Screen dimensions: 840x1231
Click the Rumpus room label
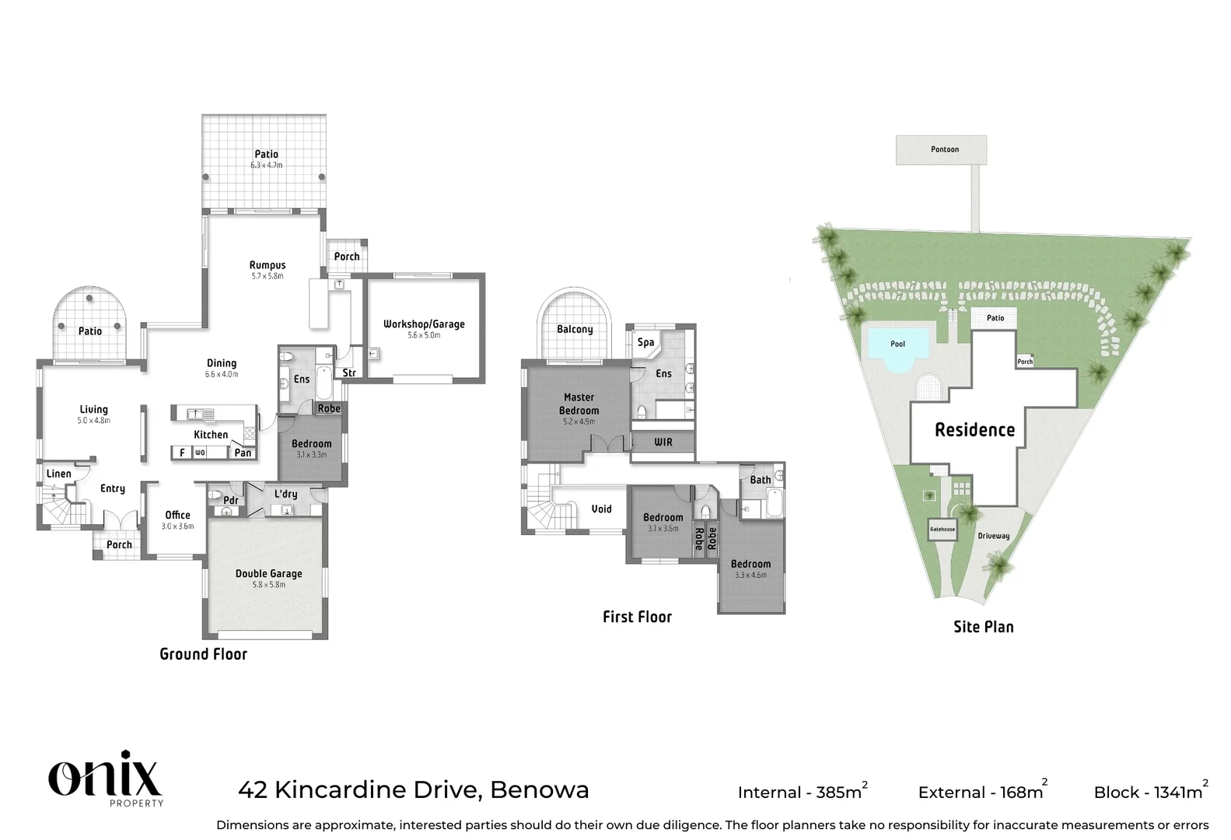[x=268, y=265]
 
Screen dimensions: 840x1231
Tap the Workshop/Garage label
[x=424, y=324]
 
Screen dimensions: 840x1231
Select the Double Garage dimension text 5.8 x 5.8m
[x=268, y=585]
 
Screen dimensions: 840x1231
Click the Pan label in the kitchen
[x=243, y=453]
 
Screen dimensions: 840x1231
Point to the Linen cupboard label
[x=59, y=474]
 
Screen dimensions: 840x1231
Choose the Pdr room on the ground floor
[x=230, y=500]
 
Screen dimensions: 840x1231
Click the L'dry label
[x=285, y=494]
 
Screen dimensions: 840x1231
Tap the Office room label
[x=177, y=515]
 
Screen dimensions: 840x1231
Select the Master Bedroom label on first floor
[x=579, y=404]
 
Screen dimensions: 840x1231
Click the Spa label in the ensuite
[x=645, y=342]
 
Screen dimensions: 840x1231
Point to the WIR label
[x=663, y=442]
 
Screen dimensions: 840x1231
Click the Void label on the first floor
[x=601, y=509]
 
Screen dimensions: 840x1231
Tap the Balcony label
[x=575, y=329]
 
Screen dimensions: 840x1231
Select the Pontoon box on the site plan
[x=941, y=149]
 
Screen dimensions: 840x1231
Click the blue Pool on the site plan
[x=897, y=344]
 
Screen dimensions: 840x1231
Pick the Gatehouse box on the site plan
[x=942, y=529]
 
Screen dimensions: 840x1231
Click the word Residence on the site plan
[x=974, y=430]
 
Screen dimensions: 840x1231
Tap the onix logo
[x=105, y=774]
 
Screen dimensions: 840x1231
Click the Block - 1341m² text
[x=1150, y=792]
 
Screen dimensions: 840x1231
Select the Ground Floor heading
[x=203, y=654]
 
